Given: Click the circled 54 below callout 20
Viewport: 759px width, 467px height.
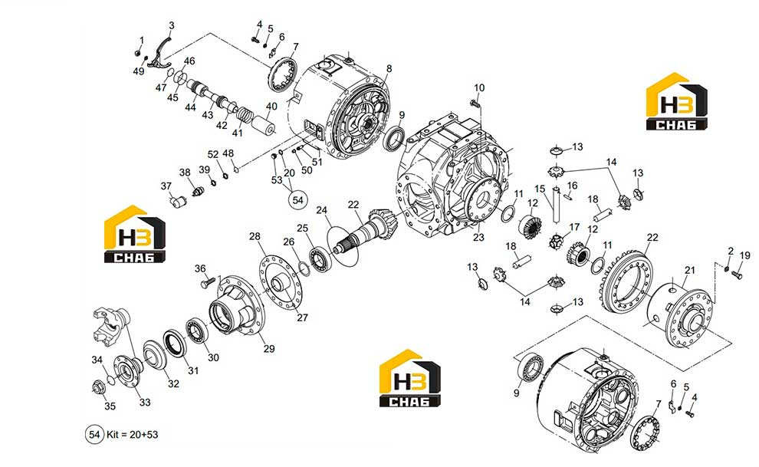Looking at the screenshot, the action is [297, 200].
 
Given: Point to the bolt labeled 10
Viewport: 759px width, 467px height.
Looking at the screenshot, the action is [475, 103].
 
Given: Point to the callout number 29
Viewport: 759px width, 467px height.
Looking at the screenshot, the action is [268, 348].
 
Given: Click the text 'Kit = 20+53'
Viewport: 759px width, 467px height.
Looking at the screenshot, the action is [132, 434].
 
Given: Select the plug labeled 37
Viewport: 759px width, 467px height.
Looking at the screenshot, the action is [178, 200].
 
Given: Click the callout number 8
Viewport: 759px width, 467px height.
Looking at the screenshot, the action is [389, 69].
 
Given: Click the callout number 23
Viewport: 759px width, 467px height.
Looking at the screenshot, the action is [478, 238].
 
